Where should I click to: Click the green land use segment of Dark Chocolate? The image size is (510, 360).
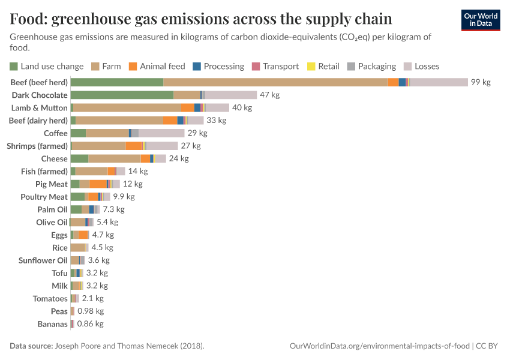[122, 95]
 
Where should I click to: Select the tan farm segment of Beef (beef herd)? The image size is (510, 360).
[275, 82]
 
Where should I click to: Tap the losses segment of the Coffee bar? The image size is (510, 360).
[161, 133]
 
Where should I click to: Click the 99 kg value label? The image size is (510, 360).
[481, 82]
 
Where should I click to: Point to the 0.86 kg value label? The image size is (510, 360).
[90, 324]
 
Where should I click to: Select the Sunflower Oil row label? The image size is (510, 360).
[43, 260]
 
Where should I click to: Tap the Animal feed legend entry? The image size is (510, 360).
[162, 66]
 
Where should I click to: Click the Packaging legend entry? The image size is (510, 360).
[377, 66]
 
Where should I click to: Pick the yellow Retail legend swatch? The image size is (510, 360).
[311, 66]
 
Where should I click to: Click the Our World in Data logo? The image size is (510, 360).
[480, 20]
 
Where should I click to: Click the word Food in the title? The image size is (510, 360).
[28, 19]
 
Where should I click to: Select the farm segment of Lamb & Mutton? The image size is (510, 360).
[127, 107]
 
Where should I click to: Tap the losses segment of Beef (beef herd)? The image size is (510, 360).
[439, 82]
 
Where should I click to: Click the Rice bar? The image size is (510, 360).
[78, 248]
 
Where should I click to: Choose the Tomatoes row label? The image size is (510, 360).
[50, 298]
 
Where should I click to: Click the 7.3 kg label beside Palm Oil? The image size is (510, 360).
[113, 209]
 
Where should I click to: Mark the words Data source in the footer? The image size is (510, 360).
[31, 346]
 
